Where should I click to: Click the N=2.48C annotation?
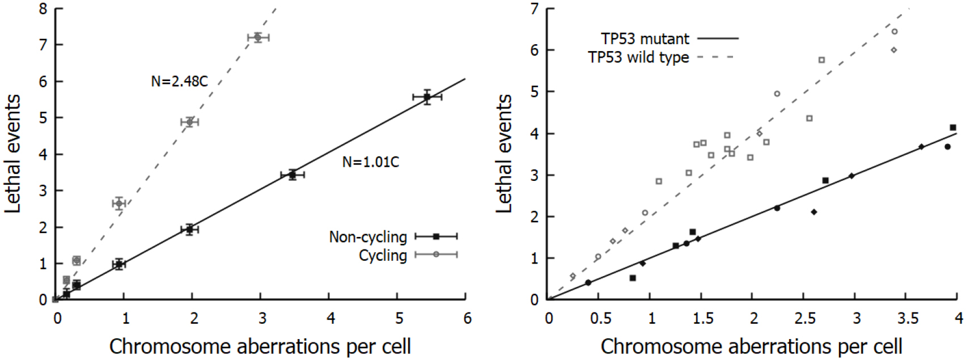[179, 82]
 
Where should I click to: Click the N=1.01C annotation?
[371, 163]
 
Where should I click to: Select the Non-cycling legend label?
[368, 237]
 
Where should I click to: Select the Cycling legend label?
[383, 256]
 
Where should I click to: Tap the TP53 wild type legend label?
[638, 57]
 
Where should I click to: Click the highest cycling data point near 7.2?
[258, 37]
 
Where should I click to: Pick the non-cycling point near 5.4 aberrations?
[427, 97]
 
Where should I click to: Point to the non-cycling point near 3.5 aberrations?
[293, 175]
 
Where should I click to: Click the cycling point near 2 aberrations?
[190, 122]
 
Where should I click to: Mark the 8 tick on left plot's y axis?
[43, 9]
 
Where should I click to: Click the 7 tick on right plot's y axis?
[534, 9]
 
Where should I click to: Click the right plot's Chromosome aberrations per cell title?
[752, 346]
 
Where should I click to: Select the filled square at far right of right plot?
[953, 128]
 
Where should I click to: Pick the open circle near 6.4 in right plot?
[895, 32]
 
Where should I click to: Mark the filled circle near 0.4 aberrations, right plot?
[588, 282]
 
